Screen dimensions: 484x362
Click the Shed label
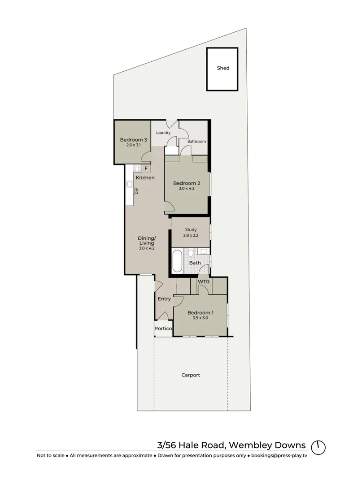(x=223, y=68)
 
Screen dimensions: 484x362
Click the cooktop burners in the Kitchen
(x=138, y=168)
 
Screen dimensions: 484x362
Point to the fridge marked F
(x=146, y=169)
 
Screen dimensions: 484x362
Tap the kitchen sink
(x=129, y=183)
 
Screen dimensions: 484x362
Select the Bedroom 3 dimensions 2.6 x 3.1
(x=133, y=146)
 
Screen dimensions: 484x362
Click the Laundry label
(x=162, y=133)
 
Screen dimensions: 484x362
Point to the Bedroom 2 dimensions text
(x=186, y=189)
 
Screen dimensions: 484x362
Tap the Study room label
(x=191, y=229)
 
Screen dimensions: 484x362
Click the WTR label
(x=204, y=282)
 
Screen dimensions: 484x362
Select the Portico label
(x=163, y=329)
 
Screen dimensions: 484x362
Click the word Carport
(x=191, y=375)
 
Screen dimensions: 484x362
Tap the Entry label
(x=164, y=299)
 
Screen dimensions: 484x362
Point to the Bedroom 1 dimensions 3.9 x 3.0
(x=200, y=318)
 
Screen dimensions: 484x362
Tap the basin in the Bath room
(x=202, y=252)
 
